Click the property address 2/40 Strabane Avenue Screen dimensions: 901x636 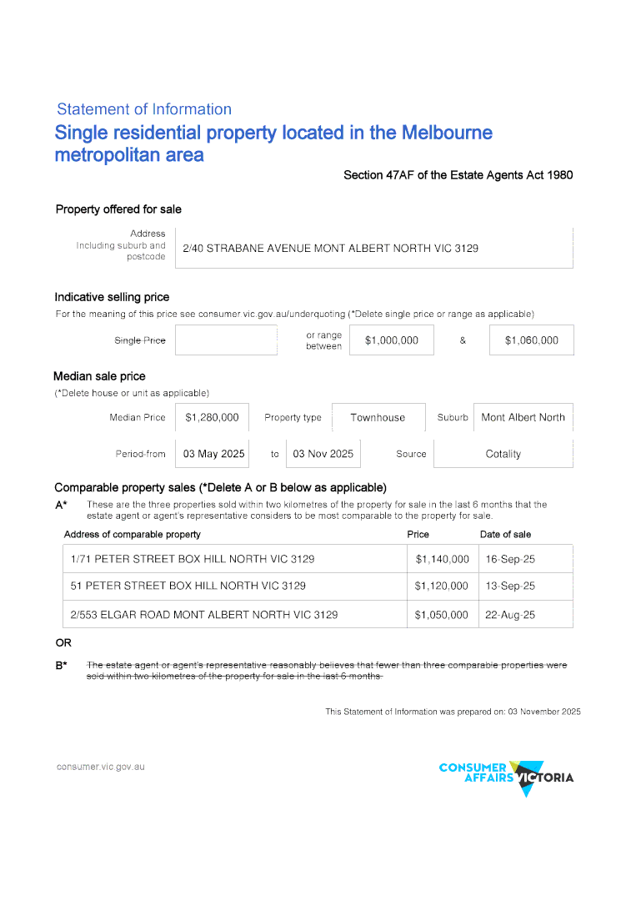330,249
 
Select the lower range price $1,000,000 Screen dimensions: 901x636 392,340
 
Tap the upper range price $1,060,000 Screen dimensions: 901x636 531,340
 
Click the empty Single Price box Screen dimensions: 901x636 226,340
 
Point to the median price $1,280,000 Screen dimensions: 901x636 212,418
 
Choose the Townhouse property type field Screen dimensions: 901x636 378,418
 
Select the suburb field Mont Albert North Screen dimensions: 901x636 523,418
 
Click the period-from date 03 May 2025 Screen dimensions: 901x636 213,454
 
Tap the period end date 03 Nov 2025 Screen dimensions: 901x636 323,454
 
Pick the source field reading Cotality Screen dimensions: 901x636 503,454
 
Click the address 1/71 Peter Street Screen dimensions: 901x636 193,559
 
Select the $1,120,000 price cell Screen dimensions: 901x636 441,586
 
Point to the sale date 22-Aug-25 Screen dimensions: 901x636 510,615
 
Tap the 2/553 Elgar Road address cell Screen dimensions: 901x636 204,615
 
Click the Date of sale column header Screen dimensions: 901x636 505,534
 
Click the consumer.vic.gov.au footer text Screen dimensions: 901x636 100,766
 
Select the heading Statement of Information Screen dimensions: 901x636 144,109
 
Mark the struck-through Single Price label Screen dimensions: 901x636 139,340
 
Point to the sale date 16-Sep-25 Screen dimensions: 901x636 510,559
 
